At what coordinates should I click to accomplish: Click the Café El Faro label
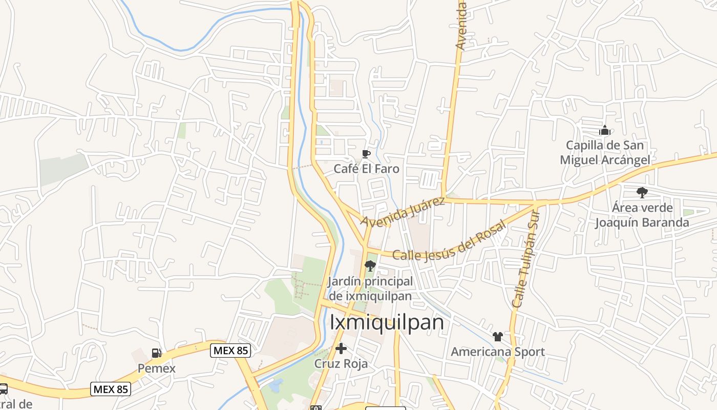tap(366, 169)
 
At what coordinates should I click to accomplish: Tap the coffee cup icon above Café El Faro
tap(366, 154)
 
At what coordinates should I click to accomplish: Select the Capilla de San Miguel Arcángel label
tap(605, 152)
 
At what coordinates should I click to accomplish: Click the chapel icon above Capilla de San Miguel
tap(605, 130)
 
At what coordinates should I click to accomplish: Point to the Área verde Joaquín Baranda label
tap(642, 215)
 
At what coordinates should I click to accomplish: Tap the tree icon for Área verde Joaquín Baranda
tap(642, 193)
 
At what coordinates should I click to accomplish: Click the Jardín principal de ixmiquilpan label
tap(370, 289)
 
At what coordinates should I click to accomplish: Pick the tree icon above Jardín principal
tap(369, 265)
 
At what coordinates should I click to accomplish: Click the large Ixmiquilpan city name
tap(387, 322)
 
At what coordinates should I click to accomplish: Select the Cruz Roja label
tap(341, 364)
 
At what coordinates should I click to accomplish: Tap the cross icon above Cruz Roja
tap(341, 349)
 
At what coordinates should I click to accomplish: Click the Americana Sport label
tap(497, 352)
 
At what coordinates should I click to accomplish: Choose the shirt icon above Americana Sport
tap(497, 337)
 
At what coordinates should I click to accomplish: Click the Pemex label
tap(157, 368)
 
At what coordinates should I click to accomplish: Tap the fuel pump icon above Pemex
tap(157, 353)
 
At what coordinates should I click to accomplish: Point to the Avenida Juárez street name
tap(403, 211)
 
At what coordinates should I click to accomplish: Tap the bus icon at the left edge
tap(3, 389)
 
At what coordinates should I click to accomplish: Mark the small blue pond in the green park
tap(275, 384)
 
